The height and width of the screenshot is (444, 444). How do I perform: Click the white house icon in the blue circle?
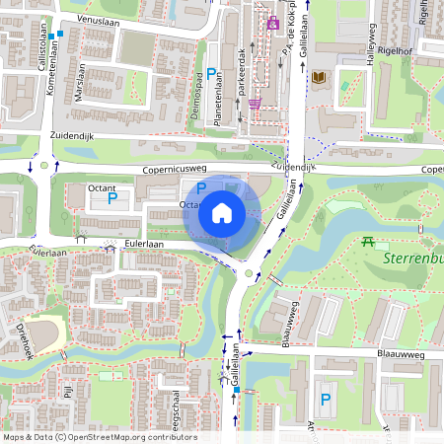(222, 213)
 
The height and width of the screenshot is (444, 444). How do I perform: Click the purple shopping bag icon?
(273, 22)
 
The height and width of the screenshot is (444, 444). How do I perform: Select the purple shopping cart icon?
(255, 102)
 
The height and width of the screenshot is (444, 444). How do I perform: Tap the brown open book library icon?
(318, 77)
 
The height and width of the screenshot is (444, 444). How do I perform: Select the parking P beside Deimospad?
(211, 73)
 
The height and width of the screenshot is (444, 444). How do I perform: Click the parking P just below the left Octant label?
(111, 199)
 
